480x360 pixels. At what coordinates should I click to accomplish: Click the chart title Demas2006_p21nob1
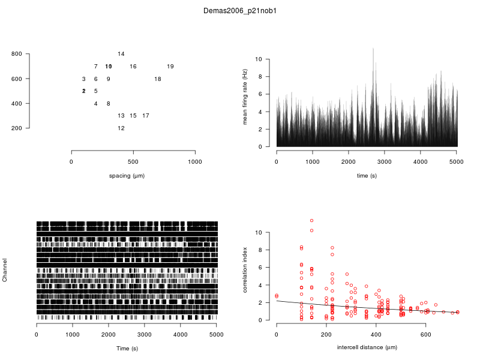coord(240,11)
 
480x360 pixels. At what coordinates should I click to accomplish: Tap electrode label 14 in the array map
coord(121,54)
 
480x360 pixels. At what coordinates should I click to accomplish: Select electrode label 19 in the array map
coord(170,67)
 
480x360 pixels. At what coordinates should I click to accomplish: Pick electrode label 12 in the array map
coord(121,128)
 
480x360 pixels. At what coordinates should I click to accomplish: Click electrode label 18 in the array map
coord(158,79)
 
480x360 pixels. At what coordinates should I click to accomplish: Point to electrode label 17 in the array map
coord(146,116)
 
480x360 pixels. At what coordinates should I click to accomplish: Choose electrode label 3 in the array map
coord(84,79)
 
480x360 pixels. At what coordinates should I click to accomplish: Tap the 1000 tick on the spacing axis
coord(195,162)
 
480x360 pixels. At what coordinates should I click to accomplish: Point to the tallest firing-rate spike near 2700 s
coord(373,49)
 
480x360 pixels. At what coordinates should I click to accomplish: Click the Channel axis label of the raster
coord(5,271)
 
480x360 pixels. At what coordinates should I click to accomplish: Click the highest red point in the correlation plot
coord(311,220)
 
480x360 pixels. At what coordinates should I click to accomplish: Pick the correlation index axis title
coord(245,271)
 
